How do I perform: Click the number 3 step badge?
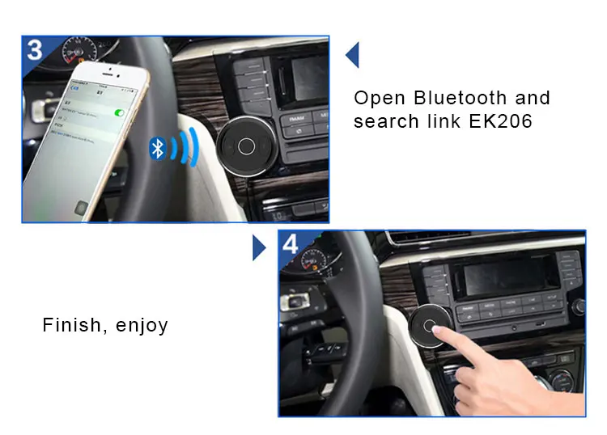click(x=35, y=49)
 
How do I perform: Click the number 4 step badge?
click(x=291, y=244)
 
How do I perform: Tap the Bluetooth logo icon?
click(x=159, y=148)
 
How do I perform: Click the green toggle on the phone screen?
click(x=120, y=113)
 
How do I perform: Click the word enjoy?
click(x=142, y=327)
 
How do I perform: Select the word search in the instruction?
click(x=385, y=122)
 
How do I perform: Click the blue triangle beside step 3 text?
click(x=352, y=55)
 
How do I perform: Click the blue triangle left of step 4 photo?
click(x=258, y=247)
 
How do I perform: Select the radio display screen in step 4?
click(x=502, y=274)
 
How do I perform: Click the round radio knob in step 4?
click(x=579, y=306)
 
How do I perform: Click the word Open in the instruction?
click(x=380, y=99)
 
